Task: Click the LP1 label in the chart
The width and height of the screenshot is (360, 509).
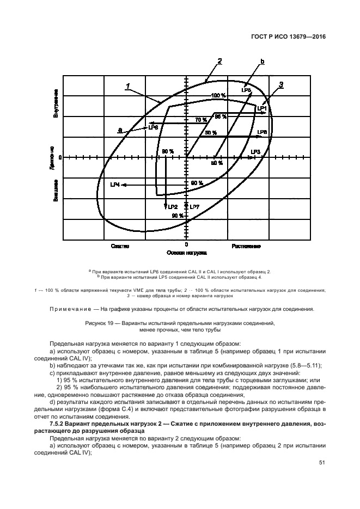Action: coord(262,108)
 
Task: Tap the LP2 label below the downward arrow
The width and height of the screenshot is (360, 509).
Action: coord(173,207)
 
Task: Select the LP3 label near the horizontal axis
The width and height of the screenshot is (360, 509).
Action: coord(256,151)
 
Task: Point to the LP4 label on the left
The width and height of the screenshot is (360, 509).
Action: coord(115,185)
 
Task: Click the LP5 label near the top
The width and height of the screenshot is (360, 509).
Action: coord(246,89)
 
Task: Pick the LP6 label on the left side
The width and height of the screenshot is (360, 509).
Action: coord(153,127)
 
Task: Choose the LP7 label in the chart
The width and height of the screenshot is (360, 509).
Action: coord(195,207)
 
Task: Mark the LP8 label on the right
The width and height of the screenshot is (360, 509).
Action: coord(262,132)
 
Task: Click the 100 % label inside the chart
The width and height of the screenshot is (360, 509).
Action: coord(219,96)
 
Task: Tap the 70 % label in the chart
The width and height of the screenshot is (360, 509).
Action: coord(201,120)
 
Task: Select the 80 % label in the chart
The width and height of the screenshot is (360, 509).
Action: coord(168,151)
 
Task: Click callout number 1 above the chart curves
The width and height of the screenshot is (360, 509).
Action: coord(127,85)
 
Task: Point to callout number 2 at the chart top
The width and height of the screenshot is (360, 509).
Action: coord(219,61)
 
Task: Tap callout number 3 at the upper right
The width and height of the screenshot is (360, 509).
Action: coord(281,84)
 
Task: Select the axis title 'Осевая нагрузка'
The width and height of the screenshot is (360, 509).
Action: coord(186,254)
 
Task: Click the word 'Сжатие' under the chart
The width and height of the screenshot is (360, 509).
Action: coord(120,246)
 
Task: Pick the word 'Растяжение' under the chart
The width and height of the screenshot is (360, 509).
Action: coord(246,246)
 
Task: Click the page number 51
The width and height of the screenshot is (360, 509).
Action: coord(322,462)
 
